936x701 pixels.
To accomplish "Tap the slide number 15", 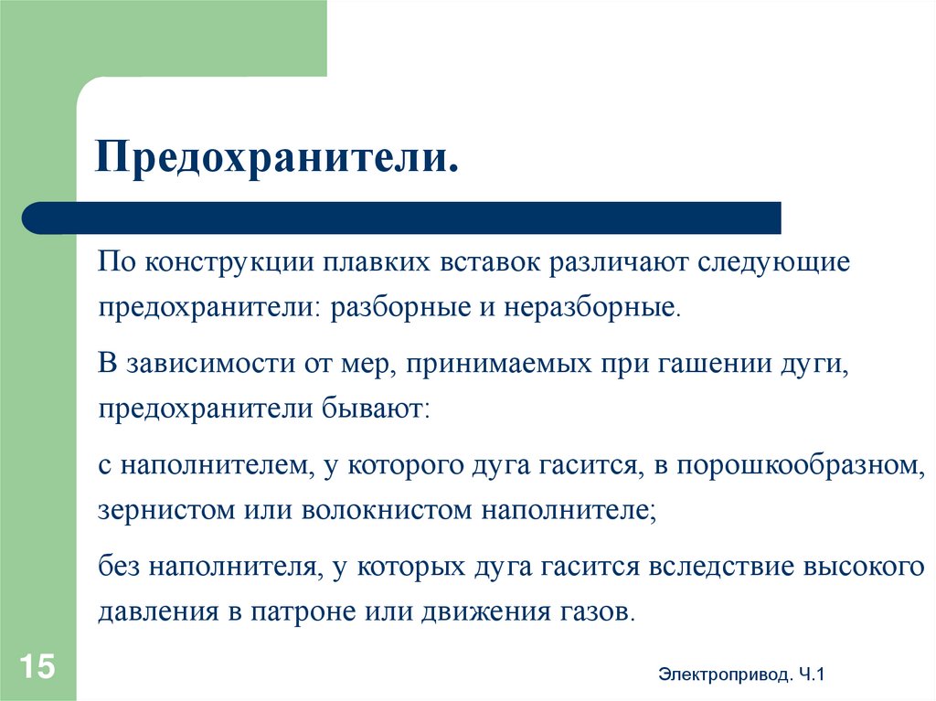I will pos(35,664).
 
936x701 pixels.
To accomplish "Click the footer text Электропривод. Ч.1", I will pos(741,674).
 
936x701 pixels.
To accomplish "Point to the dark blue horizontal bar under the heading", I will pos(402,218).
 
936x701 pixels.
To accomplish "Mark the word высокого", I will pos(865,568).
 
